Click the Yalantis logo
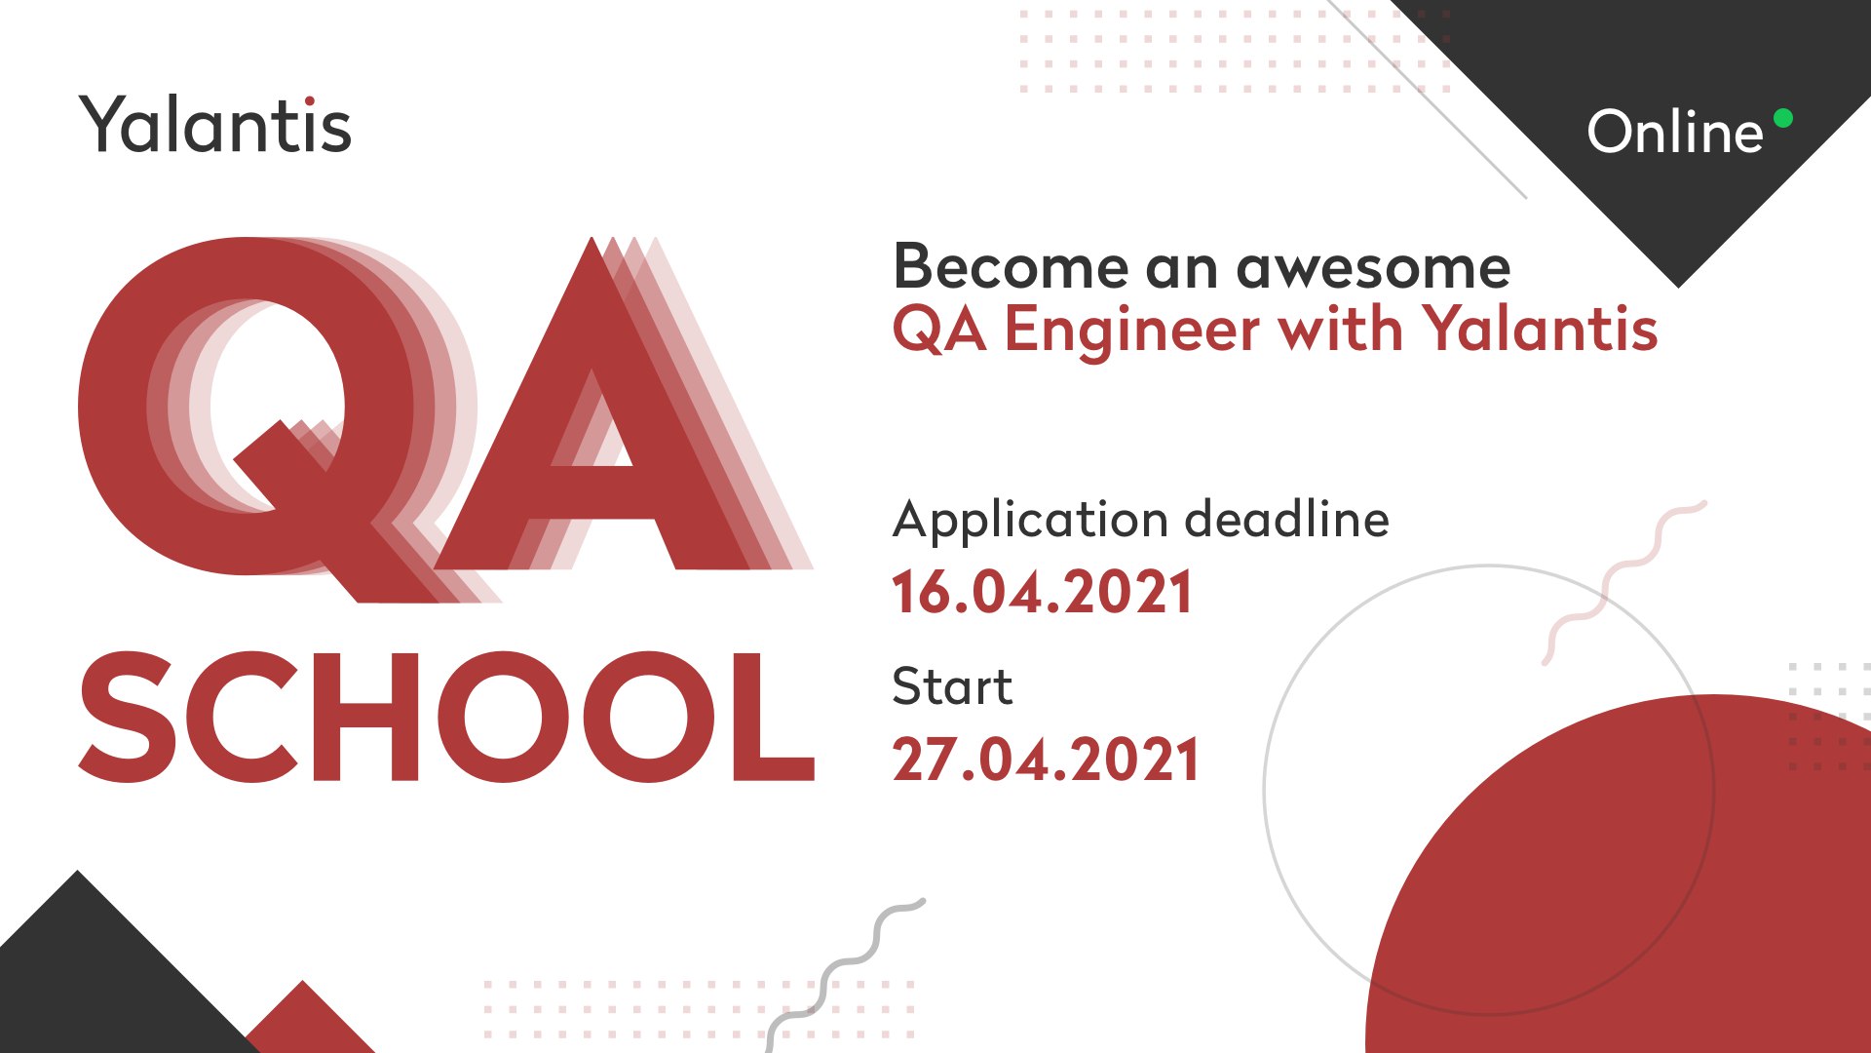[x=215, y=125]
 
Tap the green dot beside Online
[x=1783, y=118]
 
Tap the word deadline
[x=1286, y=518]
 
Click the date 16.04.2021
[x=1042, y=593]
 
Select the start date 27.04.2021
[x=1045, y=760]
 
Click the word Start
[x=952, y=686]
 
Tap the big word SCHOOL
[x=446, y=717]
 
